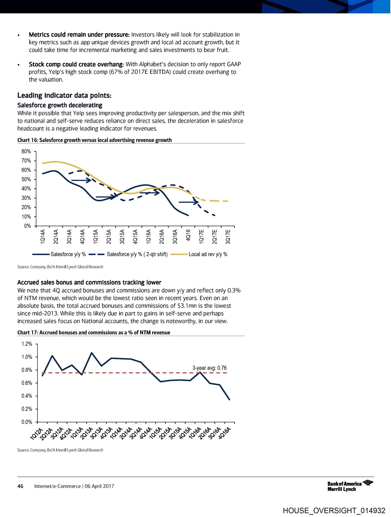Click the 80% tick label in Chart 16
26,152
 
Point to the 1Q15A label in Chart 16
96,237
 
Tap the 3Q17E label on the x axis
228,237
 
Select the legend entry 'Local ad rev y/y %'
208,254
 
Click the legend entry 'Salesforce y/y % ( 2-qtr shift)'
137,254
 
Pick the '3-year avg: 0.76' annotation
209,368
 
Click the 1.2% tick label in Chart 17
27,344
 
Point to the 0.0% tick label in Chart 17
27,422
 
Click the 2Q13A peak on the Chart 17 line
91,353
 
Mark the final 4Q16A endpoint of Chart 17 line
229,400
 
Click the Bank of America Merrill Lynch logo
350,486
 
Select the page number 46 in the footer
20,486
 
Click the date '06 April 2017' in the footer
99,486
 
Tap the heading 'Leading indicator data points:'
64,96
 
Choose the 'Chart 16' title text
28,140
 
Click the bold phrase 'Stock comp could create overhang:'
76,64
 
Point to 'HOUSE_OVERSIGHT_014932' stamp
334,511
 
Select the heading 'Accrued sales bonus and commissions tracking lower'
89,282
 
